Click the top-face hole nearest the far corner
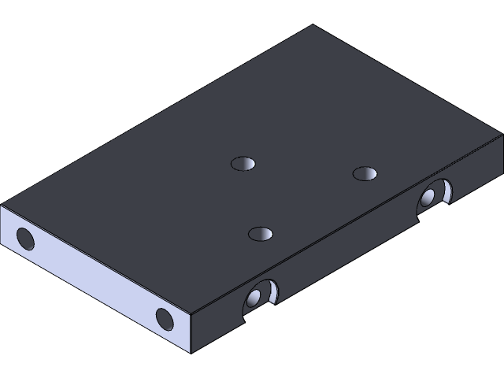(244, 164)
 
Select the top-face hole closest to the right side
(364, 173)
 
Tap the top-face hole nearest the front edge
(260, 233)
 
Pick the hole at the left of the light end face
(24, 237)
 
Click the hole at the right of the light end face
(164, 318)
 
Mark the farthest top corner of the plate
(313, 25)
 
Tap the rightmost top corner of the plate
(502, 133)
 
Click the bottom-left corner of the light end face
(2, 241)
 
